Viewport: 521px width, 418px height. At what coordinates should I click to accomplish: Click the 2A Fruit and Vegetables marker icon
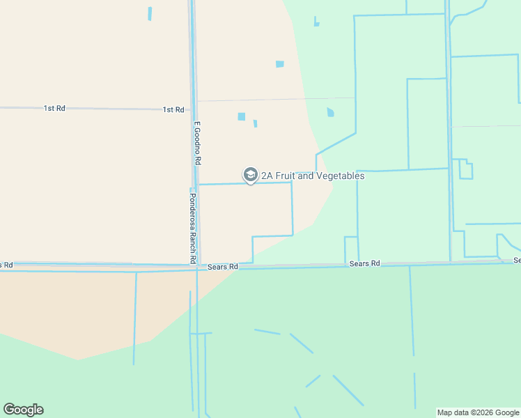tap(250, 175)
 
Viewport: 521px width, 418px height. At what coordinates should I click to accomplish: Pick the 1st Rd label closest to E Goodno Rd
tap(173, 109)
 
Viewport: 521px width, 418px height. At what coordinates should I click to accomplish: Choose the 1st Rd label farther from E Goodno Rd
tap(54, 108)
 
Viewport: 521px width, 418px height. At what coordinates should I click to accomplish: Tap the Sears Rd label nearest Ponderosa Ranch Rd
tap(223, 267)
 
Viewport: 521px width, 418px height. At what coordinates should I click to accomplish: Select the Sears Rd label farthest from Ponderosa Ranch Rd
tap(517, 260)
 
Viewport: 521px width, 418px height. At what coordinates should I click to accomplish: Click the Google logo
tap(23, 410)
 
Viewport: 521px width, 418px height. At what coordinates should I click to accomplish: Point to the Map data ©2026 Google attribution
tap(477, 412)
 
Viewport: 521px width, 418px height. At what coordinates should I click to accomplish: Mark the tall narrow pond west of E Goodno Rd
tap(150, 13)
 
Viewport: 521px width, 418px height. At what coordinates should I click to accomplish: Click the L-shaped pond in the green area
tap(316, 22)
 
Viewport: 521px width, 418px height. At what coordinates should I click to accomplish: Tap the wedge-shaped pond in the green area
tap(330, 111)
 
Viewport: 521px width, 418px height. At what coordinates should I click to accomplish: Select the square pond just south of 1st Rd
tap(242, 116)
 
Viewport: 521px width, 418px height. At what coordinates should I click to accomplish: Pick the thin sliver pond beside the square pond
tap(256, 124)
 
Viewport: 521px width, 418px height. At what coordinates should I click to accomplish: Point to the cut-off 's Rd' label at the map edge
tap(6, 265)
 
